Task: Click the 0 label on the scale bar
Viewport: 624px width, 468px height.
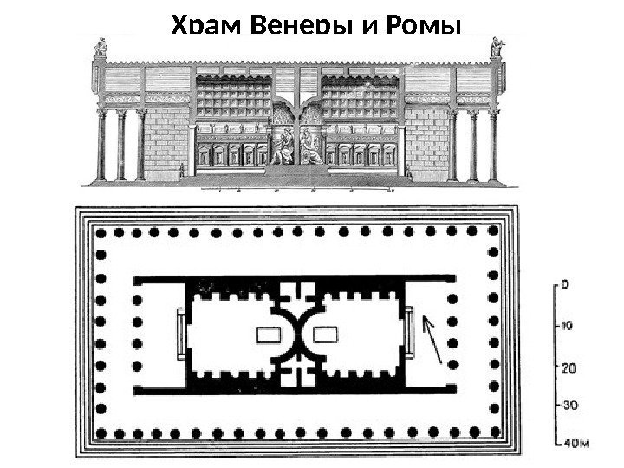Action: pos(565,283)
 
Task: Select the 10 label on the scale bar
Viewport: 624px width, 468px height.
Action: pos(569,327)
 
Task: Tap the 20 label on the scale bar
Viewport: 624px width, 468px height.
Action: pos(569,367)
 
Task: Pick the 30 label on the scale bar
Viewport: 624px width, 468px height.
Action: pos(569,405)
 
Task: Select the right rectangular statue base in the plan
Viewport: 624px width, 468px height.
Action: pos(326,334)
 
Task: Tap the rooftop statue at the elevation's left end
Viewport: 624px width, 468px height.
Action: pos(101,47)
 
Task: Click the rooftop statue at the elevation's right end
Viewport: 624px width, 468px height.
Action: pos(497,47)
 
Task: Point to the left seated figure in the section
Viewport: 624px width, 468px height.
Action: pos(283,147)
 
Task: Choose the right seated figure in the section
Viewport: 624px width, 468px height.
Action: pos(310,147)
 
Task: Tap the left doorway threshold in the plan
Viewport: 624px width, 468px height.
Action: pos(182,334)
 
